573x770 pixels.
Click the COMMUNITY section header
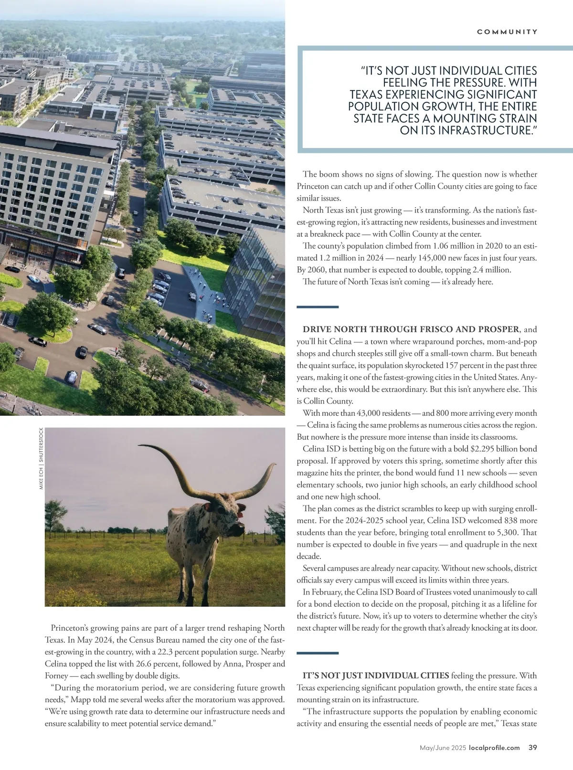click(507, 32)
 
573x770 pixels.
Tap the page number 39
click(533, 748)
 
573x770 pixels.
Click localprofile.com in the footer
click(494, 748)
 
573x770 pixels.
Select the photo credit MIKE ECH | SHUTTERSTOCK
click(42, 458)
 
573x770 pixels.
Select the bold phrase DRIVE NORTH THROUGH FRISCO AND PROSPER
click(411, 329)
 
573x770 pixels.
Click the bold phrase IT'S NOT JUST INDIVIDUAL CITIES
click(376, 675)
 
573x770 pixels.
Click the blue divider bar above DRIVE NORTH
click(318, 307)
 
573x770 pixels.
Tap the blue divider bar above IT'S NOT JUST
click(318, 653)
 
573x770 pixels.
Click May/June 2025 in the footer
click(443, 748)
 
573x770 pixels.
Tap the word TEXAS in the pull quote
click(367, 95)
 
